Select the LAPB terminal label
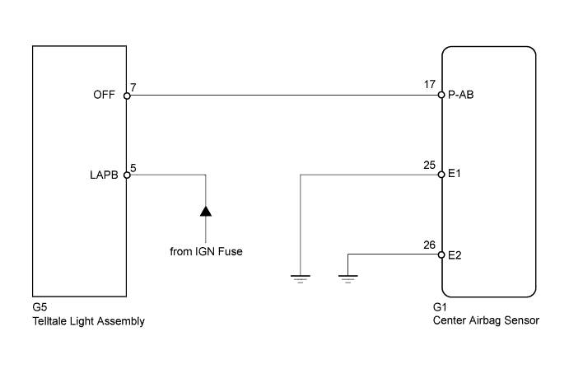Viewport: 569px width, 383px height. click(106, 175)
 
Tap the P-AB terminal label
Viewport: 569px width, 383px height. click(460, 96)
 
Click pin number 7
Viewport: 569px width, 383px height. click(134, 86)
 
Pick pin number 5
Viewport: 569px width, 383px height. click(134, 166)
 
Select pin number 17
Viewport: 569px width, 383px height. click(429, 83)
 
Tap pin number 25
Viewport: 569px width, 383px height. click(429, 164)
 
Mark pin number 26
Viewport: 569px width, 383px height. click(429, 244)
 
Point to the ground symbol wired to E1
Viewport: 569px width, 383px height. click(302, 278)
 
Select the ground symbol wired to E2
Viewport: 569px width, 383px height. click(348, 278)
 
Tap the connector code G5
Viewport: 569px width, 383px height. click(39, 309)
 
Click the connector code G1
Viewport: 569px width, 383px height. click(439, 309)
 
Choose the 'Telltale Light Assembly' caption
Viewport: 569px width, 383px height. click(88, 321)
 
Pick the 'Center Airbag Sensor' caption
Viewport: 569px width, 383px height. click(486, 321)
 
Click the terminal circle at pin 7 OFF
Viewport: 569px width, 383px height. click(126, 96)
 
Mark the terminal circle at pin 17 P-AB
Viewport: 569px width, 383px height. click(442, 96)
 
